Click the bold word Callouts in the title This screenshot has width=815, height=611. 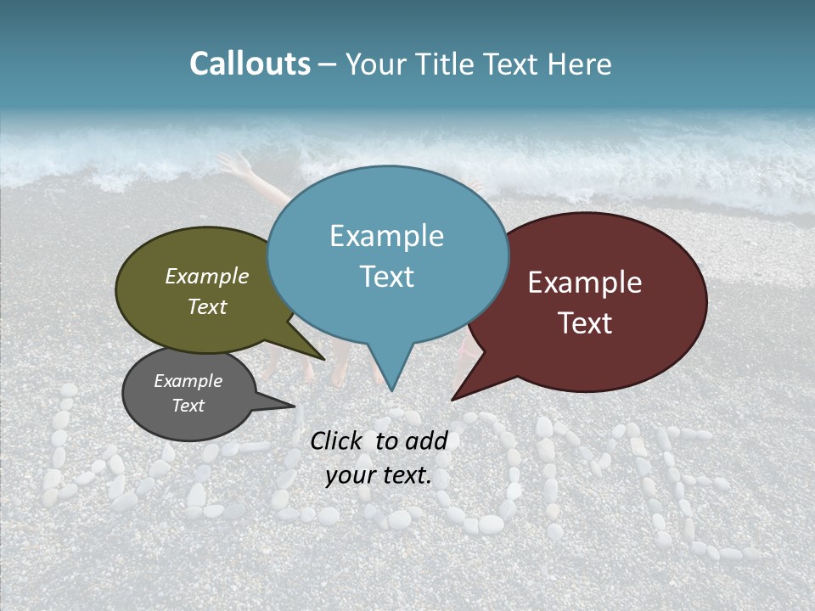[250, 64]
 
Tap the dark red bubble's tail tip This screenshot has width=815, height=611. [455, 397]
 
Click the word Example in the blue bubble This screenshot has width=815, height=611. [386, 236]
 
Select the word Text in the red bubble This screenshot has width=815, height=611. [585, 323]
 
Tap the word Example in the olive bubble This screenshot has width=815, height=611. [207, 276]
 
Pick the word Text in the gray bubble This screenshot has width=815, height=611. [188, 406]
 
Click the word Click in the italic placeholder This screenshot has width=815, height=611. [338, 440]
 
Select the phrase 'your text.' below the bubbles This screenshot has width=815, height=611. [379, 475]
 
